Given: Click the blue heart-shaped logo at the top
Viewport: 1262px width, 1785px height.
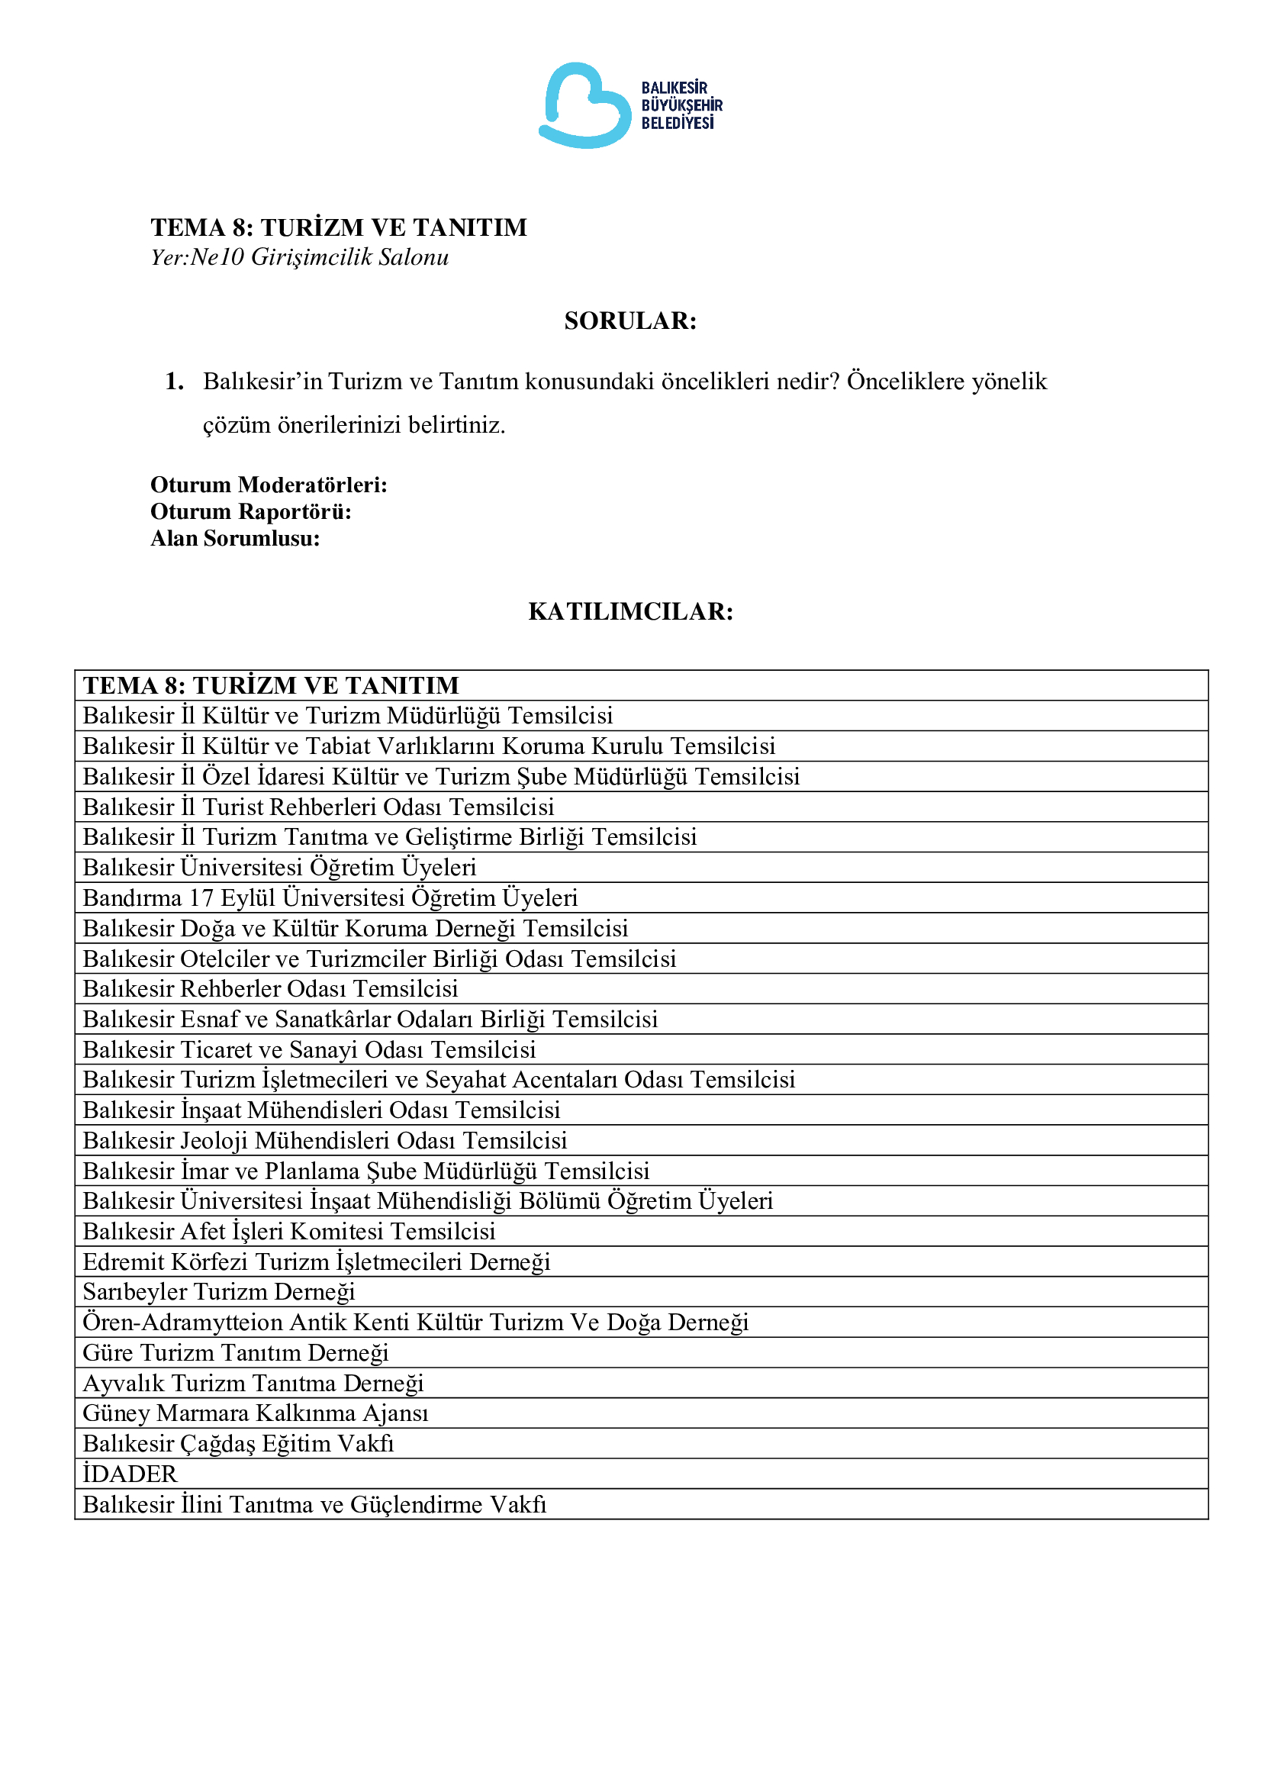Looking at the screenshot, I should pos(584,106).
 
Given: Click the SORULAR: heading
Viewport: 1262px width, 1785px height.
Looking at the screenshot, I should pos(630,321).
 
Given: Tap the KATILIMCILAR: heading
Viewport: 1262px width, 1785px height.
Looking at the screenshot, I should pos(630,611).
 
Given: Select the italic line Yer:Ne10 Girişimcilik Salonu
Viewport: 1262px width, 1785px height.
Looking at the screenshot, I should pos(299,257).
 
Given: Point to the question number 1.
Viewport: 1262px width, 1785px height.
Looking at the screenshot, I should pos(174,381).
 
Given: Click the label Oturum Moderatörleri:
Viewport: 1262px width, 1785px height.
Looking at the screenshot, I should pos(268,485).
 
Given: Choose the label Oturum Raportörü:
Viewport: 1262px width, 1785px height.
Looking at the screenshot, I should pos(250,511).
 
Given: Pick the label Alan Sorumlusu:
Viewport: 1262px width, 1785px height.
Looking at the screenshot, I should pos(235,538).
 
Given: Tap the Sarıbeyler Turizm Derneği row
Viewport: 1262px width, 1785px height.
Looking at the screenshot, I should pos(218,1291).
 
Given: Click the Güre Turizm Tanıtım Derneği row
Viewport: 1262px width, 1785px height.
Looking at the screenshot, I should pos(236,1352).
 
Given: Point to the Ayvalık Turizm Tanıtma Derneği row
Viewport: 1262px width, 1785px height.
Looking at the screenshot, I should pos(253,1383).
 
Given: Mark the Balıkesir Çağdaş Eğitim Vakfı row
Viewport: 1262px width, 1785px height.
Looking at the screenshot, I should pos(238,1443).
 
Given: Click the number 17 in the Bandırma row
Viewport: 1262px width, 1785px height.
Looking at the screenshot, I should pos(201,898).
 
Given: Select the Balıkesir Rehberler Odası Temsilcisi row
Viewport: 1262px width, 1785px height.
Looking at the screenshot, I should pos(269,988).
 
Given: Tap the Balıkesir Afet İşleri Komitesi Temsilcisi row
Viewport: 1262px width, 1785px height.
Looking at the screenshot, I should pos(288,1231).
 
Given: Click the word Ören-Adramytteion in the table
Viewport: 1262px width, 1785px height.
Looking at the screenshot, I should pos(182,1322).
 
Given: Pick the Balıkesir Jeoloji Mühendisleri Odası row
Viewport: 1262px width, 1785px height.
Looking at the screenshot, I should pos(324,1139).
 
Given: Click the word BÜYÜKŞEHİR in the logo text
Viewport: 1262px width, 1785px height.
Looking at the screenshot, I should pos(681,105).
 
